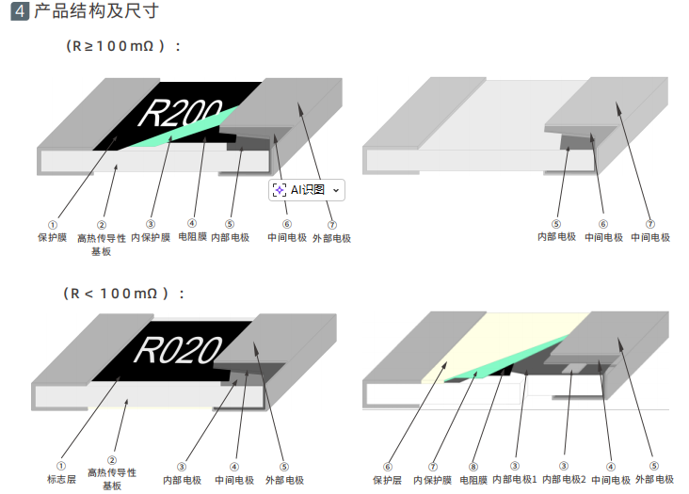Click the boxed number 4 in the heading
[19, 12]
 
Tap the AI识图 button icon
[280, 190]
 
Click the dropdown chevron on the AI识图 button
[336, 190]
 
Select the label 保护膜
[52, 238]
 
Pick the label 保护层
[387, 480]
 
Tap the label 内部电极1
[514, 480]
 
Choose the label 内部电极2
[564, 480]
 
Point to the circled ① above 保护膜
[53, 226]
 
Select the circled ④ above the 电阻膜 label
[192, 225]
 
